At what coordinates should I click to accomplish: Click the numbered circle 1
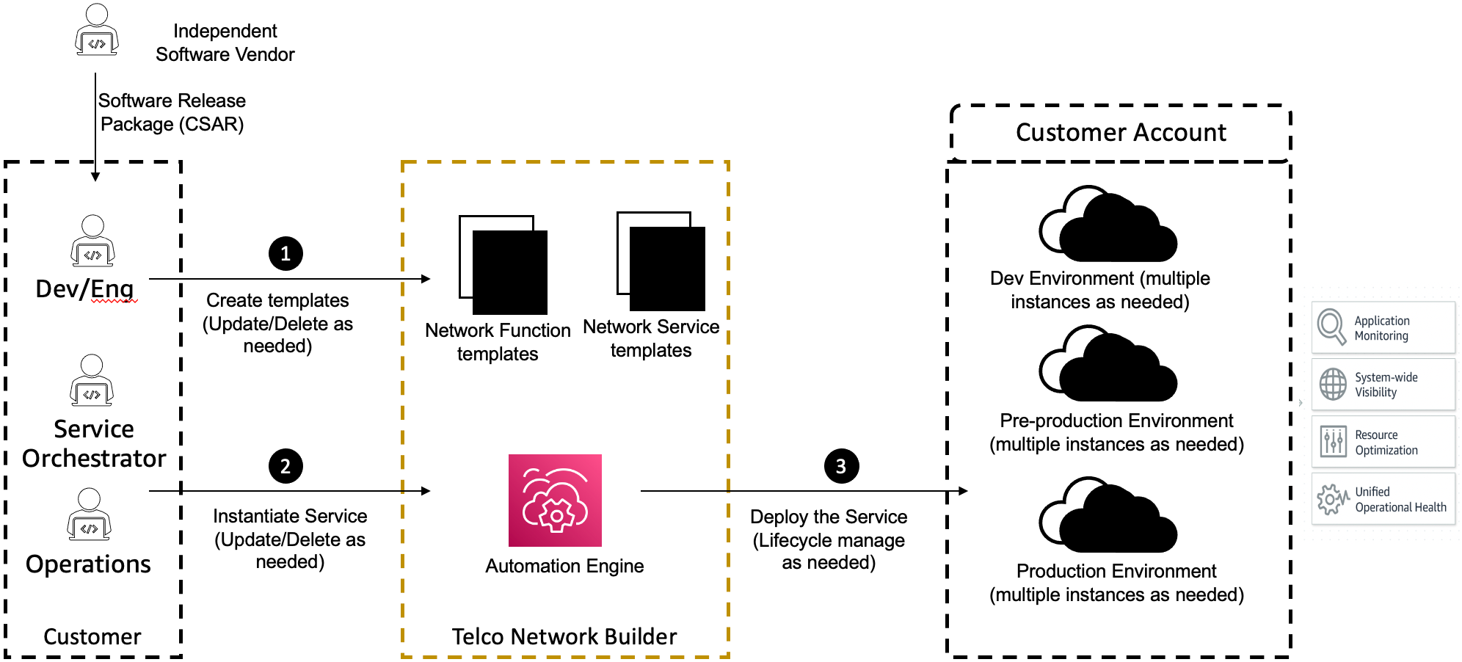[286, 254]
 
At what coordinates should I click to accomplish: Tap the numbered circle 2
[286, 466]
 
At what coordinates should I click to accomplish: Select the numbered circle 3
[841, 466]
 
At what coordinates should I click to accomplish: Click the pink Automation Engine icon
[555, 501]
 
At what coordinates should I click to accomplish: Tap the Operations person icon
[89, 514]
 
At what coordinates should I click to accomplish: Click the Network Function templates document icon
[503, 265]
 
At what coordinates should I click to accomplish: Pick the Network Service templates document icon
[661, 261]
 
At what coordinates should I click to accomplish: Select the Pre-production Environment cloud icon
[1108, 365]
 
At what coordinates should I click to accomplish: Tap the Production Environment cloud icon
[1108, 516]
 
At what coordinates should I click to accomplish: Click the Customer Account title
[1121, 133]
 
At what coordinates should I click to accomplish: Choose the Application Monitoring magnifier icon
[1331, 327]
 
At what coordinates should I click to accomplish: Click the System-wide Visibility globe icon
[1333, 384]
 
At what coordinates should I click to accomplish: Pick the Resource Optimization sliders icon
[1333, 442]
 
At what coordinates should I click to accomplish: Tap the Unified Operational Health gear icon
[1332, 499]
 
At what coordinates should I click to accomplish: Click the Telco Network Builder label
[564, 636]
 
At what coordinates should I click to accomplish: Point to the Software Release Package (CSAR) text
[172, 112]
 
